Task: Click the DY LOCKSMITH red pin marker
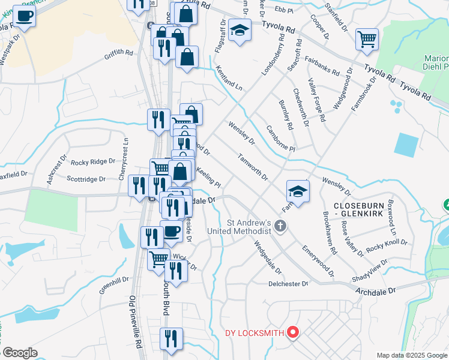tap(293, 331)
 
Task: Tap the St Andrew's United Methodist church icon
tap(280, 226)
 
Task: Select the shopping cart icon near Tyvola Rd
tap(367, 40)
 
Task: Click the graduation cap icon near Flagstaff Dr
tap(240, 31)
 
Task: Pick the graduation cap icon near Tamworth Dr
tap(297, 191)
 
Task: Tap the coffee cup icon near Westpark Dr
tap(24, 16)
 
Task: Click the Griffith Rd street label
tap(118, 53)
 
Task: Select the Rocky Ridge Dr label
tap(92, 162)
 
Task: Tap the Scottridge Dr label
tap(86, 179)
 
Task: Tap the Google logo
tap(20, 353)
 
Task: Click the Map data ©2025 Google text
tap(412, 355)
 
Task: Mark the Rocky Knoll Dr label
tap(387, 246)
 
